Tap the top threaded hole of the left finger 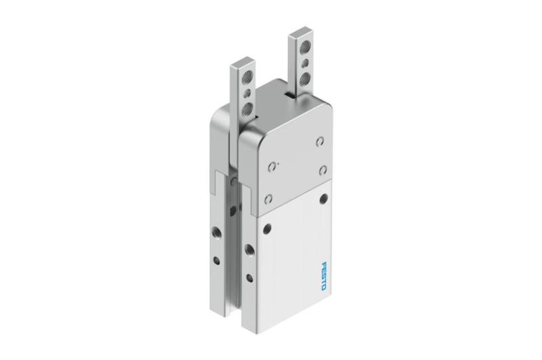click(248, 77)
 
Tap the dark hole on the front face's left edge click(268, 228)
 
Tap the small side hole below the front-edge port click(251, 275)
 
